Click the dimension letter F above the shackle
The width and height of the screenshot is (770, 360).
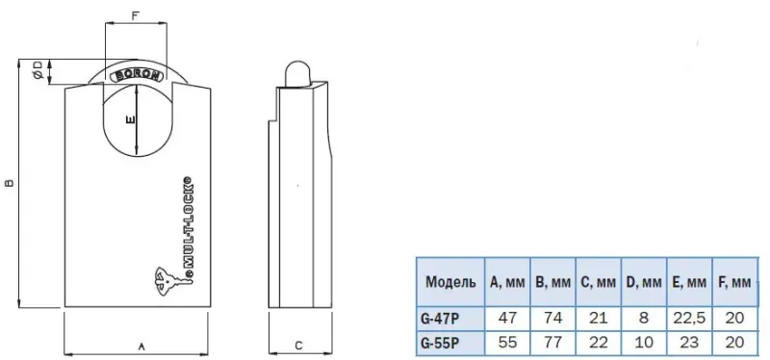point(136,15)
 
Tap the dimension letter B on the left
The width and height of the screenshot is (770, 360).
point(10,183)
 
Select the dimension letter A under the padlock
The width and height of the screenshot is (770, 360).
point(141,347)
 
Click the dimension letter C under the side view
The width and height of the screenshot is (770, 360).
point(298,346)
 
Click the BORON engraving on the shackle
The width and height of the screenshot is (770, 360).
point(137,76)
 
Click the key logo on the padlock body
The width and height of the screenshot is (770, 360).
point(169,282)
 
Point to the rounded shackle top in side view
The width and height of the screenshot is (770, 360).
point(297,70)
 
